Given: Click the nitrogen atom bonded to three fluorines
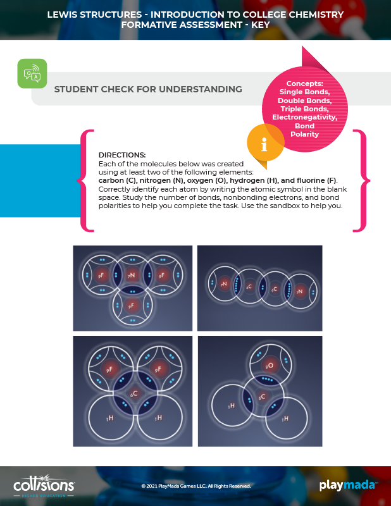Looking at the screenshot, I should [x=132, y=275].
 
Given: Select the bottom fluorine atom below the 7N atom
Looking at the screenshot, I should [x=132, y=305].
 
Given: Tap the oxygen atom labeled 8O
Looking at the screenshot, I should [x=270, y=365].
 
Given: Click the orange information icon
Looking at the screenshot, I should [x=264, y=143].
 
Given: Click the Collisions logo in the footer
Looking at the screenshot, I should [x=44, y=486].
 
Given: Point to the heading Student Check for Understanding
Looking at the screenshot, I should [x=148, y=89].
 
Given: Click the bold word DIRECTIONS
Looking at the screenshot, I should [x=122, y=155].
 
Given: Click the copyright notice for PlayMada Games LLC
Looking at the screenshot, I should [x=196, y=486].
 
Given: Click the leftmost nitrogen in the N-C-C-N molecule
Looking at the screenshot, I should [x=224, y=285].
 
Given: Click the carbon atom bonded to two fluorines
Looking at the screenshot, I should [x=134, y=393].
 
